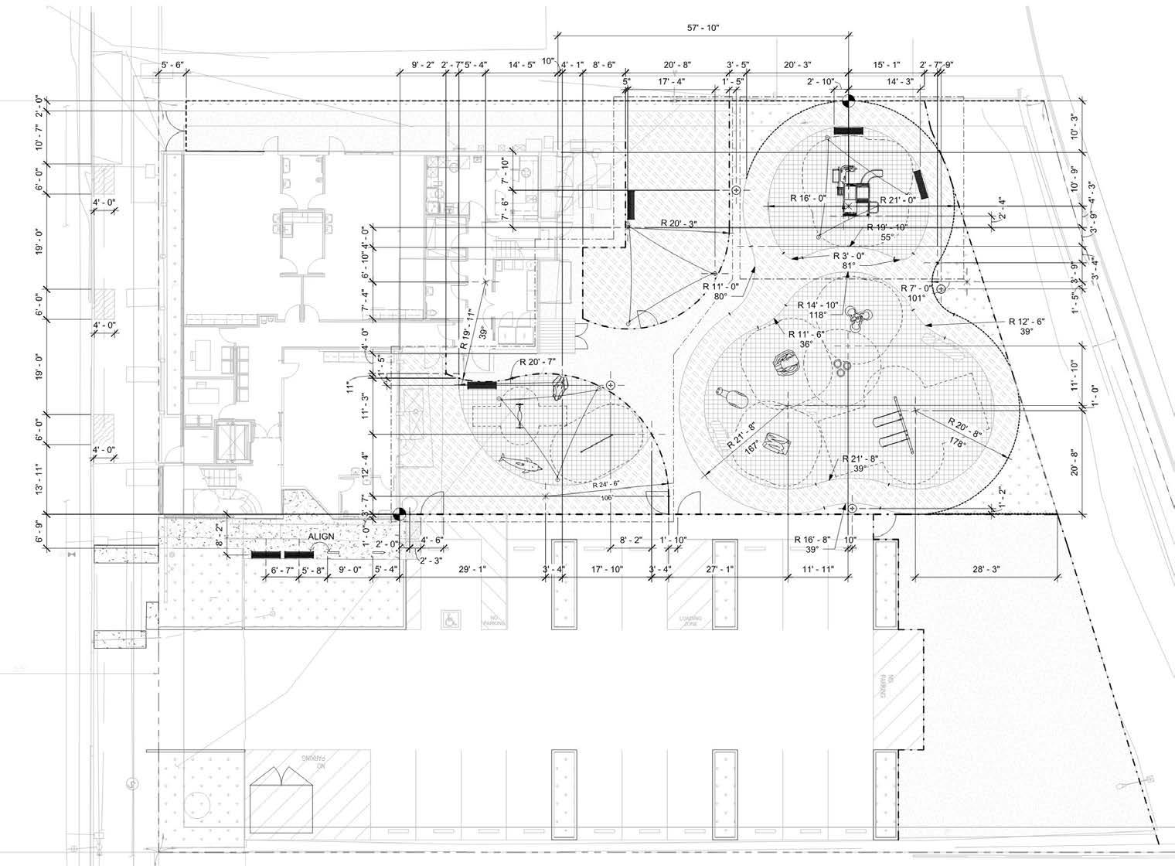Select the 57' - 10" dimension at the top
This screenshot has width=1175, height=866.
[x=703, y=28]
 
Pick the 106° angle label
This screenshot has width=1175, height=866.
[x=606, y=498]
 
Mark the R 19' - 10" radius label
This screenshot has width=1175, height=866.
[x=886, y=227]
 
